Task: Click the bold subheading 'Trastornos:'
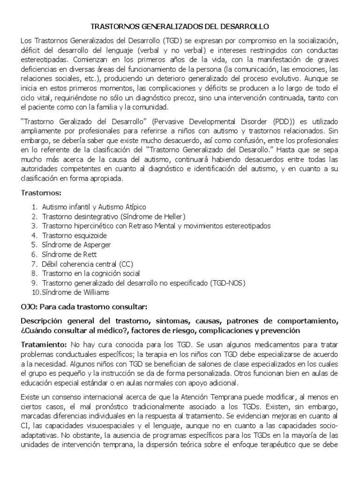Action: point(41,193)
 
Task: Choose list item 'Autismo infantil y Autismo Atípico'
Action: point(94,207)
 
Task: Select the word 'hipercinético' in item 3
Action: point(91,225)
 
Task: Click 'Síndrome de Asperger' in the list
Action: point(76,245)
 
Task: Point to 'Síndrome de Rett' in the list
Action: point(69,254)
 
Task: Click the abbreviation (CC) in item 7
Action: point(124,264)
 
